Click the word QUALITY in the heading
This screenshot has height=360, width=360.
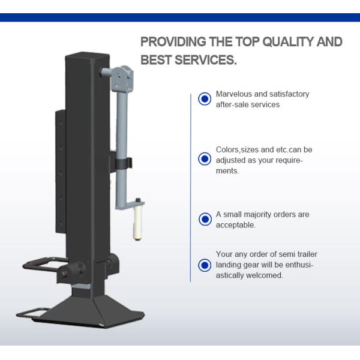click(288, 42)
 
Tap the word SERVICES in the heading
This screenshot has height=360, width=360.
click(205, 60)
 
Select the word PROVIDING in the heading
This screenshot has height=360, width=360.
click(173, 41)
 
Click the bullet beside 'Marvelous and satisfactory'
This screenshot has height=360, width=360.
click(205, 99)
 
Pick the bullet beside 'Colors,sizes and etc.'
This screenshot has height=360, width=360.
click(205, 158)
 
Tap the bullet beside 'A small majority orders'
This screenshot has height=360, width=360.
click(205, 219)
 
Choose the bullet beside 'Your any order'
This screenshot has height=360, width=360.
click(205, 265)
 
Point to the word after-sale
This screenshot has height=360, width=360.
click(232, 104)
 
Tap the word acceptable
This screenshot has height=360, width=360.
click(236, 225)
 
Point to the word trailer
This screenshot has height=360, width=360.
click(307, 254)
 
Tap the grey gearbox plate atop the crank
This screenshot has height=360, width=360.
click(122, 79)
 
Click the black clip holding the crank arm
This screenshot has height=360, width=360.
click(124, 163)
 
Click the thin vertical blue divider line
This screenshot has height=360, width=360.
click(191, 188)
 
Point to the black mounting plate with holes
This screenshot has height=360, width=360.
click(61, 172)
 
